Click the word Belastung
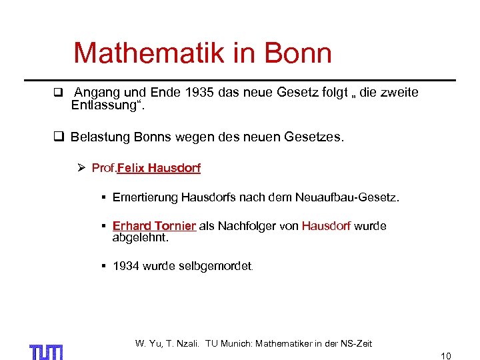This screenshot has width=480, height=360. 99,138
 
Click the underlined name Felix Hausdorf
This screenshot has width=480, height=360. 159,168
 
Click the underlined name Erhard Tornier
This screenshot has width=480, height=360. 154,226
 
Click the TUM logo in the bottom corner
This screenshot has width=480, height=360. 46,351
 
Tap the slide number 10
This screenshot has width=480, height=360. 446,356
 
